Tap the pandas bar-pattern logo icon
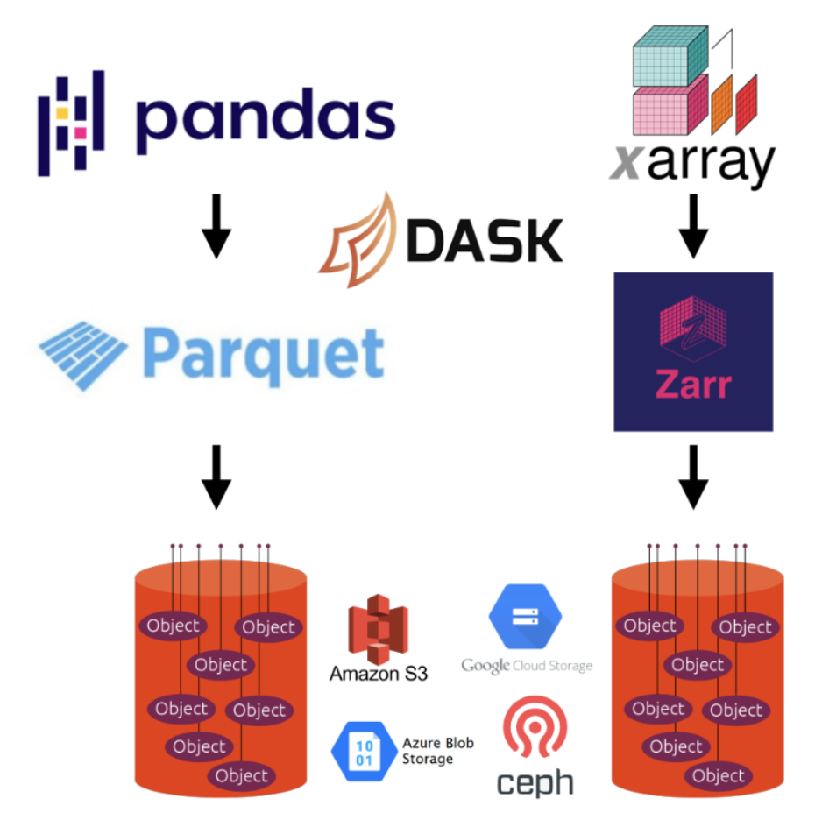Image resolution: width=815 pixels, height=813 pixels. pos(71,123)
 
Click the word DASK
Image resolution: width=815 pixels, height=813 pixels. pos(485,238)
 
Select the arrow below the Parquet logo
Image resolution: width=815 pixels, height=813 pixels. pos(216,477)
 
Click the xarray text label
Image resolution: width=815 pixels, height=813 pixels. pos(691,162)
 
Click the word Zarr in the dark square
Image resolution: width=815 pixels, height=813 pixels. pos(692,385)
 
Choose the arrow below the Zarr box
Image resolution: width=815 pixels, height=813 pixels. pos(693,477)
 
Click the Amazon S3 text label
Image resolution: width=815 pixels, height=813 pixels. pos(379,674)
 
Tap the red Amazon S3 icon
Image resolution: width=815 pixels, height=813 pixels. pos(378,627)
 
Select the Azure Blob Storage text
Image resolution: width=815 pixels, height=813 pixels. pos(437,751)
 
